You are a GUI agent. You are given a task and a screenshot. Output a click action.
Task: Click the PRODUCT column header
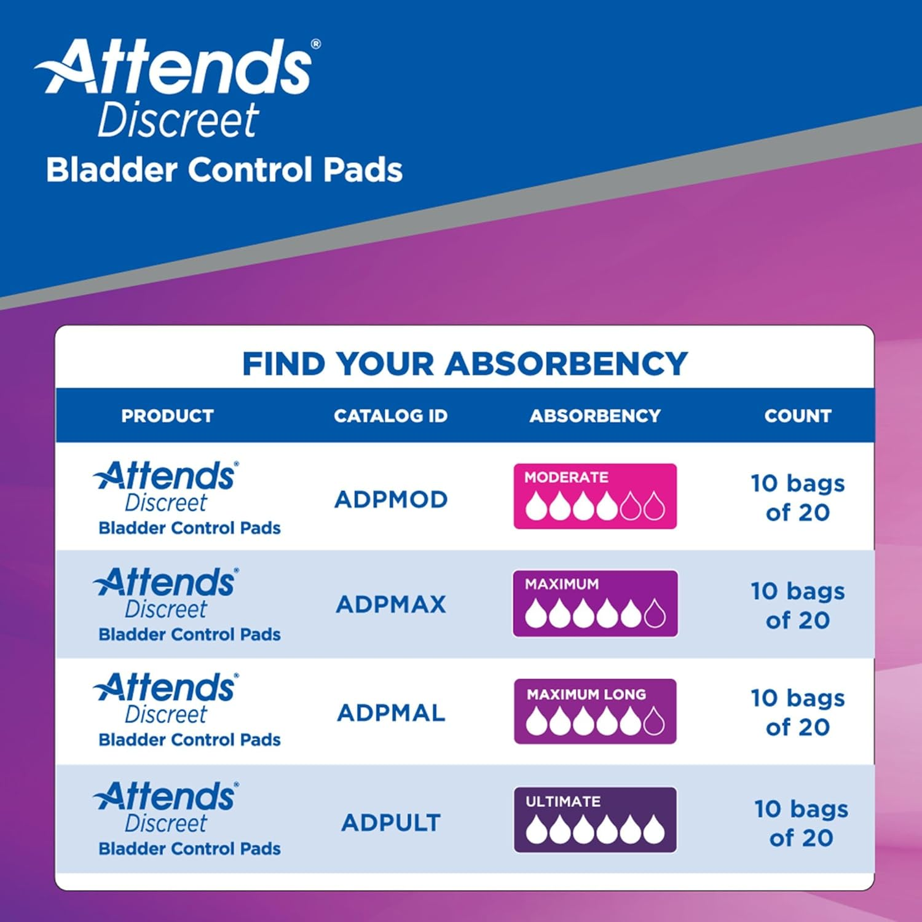click(x=167, y=416)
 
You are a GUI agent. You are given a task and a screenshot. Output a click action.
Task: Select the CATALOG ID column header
click(x=391, y=416)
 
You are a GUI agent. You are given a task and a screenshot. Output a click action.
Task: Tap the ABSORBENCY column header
click(x=595, y=416)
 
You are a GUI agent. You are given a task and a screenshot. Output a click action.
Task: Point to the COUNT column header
click(x=798, y=416)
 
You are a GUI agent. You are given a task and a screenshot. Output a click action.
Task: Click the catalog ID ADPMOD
click(x=391, y=499)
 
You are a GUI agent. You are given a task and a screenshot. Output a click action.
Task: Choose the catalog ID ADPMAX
click(x=391, y=604)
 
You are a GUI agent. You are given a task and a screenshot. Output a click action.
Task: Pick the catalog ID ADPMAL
click(x=391, y=713)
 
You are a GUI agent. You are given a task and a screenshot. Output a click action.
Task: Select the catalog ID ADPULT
click(x=391, y=822)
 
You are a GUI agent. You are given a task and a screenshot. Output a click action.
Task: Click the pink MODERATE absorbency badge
click(x=595, y=496)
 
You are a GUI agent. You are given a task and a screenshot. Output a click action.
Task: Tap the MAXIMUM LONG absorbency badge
click(x=595, y=711)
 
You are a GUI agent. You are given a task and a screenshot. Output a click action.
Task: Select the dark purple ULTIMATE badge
click(x=595, y=820)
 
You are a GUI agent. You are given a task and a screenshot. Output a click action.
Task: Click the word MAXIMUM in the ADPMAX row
click(x=562, y=584)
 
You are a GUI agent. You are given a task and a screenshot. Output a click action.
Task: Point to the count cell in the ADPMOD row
click(x=798, y=498)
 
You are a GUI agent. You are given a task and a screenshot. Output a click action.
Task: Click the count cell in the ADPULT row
click(x=801, y=823)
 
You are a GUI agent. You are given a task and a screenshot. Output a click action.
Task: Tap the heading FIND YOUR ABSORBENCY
click(x=465, y=363)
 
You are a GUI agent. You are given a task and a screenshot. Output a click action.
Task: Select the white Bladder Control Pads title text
click(x=224, y=170)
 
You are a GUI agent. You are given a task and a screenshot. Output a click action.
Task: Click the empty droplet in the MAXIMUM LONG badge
click(x=654, y=721)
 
